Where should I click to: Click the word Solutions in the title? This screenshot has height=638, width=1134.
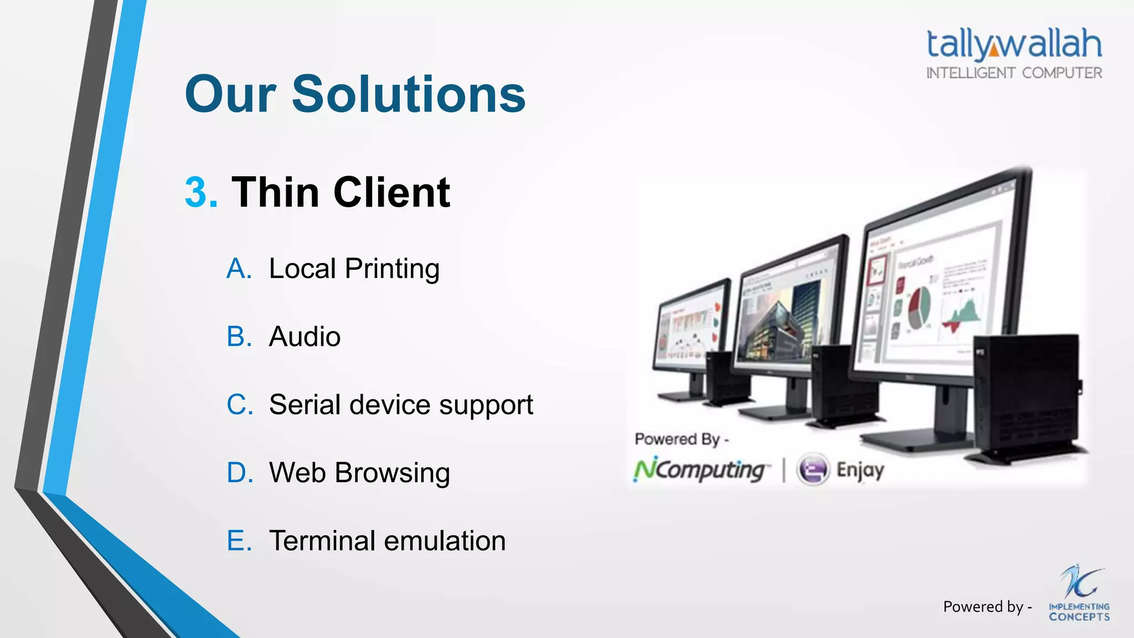pyautogui.click(x=408, y=94)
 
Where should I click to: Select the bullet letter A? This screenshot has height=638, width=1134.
pyautogui.click(x=239, y=269)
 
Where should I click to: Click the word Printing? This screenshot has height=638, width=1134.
pyautogui.click(x=392, y=269)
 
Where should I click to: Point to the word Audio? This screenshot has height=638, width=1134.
pyautogui.click(x=305, y=337)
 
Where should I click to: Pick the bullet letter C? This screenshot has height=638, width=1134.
pyautogui.click(x=239, y=405)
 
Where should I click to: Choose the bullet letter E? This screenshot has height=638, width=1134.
pyautogui.click(x=239, y=541)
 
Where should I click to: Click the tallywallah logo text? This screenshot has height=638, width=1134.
pyautogui.click(x=1014, y=44)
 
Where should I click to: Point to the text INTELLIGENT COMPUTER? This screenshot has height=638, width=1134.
pyautogui.click(x=1014, y=73)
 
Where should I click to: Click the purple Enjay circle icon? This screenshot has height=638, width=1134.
pyautogui.click(x=813, y=470)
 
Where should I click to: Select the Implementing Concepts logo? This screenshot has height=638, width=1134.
pyautogui.click(x=1079, y=595)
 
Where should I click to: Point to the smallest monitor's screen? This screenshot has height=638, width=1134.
pyautogui.click(x=689, y=327)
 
